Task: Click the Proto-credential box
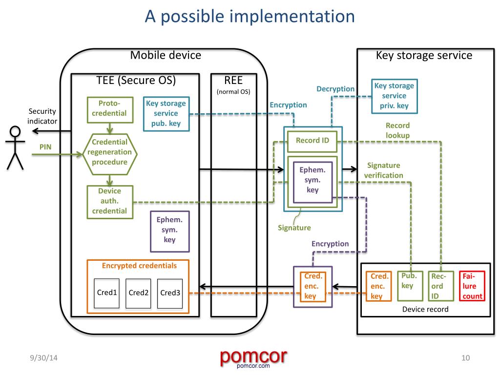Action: click(109, 108)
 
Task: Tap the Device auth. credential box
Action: click(109, 201)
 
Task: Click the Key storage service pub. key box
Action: click(166, 113)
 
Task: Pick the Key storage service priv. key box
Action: click(394, 96)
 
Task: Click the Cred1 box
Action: click(107, 293)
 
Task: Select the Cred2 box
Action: click(138, 293)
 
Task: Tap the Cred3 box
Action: click(170, 293)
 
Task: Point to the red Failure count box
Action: click(473, 286)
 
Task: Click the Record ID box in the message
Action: click(312, 141)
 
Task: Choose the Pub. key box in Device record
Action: click(408, 281)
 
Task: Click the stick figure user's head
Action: click(16, 132)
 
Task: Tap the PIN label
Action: click(45, 146)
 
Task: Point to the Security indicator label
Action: click(42, 116)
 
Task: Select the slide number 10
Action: click(465, 359)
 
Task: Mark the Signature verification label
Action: click(384, 170)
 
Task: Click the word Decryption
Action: click(335, 89)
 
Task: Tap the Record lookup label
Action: click(397, 130)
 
